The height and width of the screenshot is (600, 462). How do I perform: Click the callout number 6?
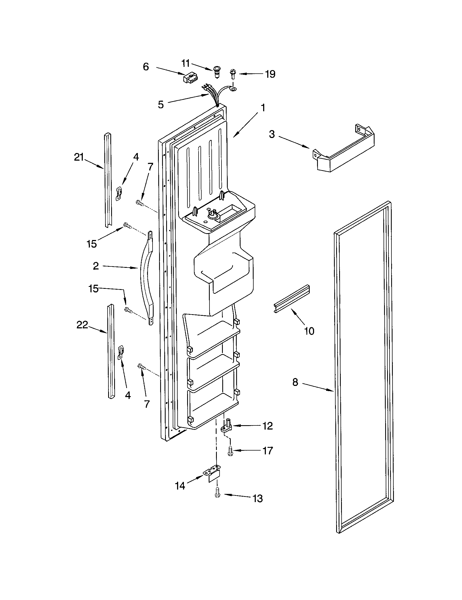(x=146, y=67)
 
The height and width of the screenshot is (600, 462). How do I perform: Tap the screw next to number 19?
(x=233, y=74)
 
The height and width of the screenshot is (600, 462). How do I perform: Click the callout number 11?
(x=186, y=63)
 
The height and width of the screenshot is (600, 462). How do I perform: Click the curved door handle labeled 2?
(x=145, y=277)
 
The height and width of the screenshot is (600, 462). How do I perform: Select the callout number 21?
(x=79, y=157)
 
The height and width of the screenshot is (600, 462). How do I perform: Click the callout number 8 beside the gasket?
(x=295, y=382)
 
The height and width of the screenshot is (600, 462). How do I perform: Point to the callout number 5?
(x=161, y=104)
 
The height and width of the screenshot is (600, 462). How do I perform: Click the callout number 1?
(x=263, y=108)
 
